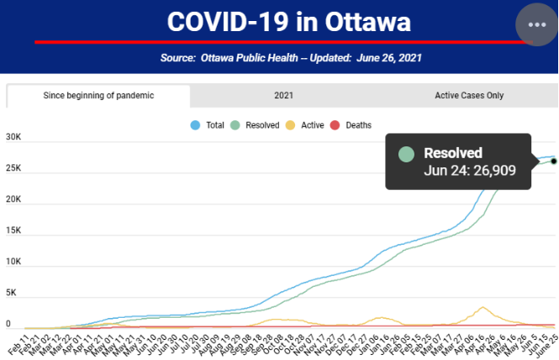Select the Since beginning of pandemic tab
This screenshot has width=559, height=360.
tap(98, 95)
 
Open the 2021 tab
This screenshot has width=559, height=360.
tap(283, 95)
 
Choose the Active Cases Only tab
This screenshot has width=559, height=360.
tap(469, 95)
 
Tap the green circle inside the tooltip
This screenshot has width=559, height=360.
tap(407, 154)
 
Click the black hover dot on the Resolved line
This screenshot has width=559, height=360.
tap(553, 161)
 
